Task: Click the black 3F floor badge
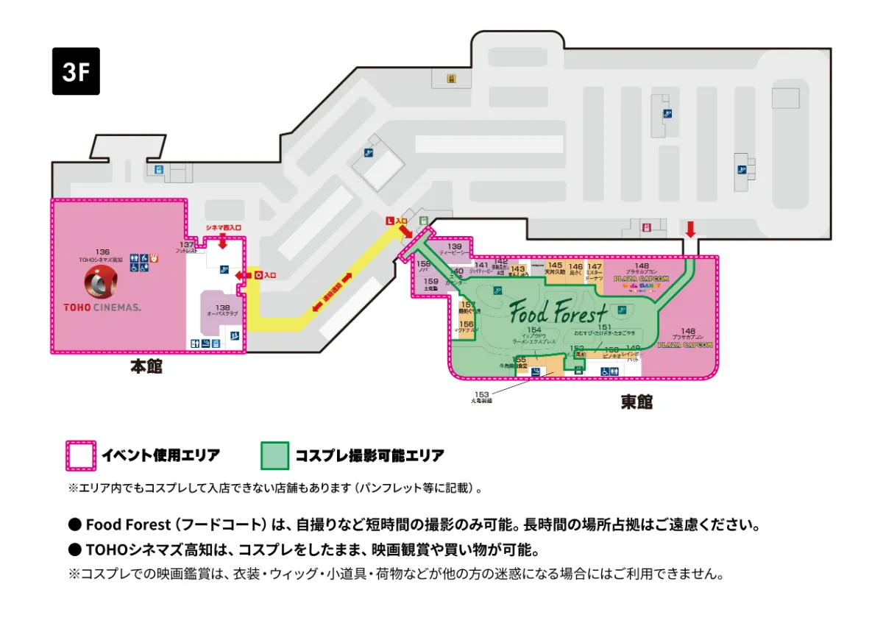[x=76, y=71]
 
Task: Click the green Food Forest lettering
[x=558, y=312]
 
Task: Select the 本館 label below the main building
[x=146, y=366]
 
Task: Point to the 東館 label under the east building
[x=636, y=402]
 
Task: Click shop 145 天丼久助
[x=555, y=268]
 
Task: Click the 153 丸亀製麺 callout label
[x=482, y=397]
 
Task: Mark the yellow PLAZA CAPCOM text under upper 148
[x=641, y=279]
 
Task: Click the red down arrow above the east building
[x=690, y=228]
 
